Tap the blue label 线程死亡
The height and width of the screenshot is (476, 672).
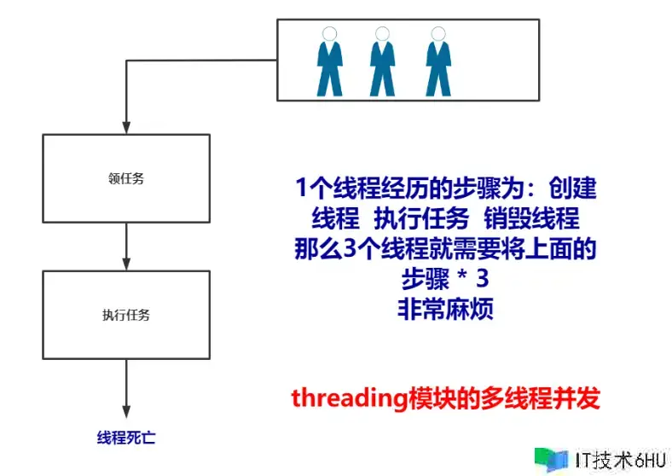[x=126, y=438]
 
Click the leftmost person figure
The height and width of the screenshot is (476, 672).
[x=329, y=61]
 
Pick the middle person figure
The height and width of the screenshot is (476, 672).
[x=382, y=61]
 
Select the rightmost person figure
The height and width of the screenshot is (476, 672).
[x=438, y=61]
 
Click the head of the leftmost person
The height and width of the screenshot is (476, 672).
[x=329, y=34]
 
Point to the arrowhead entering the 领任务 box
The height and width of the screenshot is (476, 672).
[x=126, y=128]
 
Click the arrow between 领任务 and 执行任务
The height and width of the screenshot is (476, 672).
[x=126, y=247]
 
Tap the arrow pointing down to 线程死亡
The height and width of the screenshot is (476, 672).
[x=126, y=388]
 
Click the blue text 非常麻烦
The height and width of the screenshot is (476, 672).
[x=446, y=309]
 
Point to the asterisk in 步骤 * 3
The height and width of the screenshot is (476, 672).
[x=462, y=276]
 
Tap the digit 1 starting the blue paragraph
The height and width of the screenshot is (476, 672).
[x=301, y=188]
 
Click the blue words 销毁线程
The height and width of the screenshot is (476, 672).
[x=531, y=218]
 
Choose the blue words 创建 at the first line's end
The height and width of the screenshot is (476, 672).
[x=572, y=188]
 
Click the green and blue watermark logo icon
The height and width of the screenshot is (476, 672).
[x=551, y=460]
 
